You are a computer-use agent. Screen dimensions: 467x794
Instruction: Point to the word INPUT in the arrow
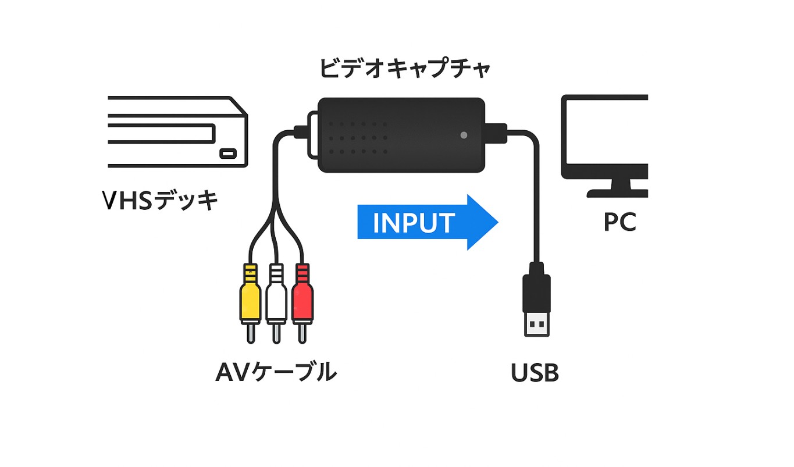tap(414, 223)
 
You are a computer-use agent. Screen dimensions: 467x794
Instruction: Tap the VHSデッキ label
tap(160, 201)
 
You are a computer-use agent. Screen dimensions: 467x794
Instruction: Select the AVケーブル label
tap(276, 372)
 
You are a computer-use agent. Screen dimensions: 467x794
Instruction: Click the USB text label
tap(535, 373)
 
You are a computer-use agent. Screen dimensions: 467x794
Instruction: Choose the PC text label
tap(619, 222)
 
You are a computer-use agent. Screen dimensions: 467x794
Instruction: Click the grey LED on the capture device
tap(464, 135)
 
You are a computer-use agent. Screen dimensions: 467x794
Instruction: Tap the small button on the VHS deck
tap(227, 154)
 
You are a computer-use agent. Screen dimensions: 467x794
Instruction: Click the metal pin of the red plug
tap(301, 333)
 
